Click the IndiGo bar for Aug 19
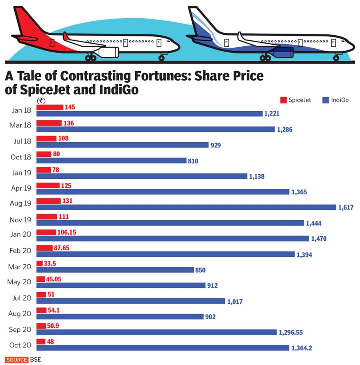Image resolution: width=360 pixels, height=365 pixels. [186, 207]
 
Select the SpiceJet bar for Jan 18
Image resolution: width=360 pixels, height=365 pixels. [50, 107]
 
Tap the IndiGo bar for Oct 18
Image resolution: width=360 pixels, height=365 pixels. [112, 160]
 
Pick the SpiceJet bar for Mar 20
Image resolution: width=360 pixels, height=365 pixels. [39, 263]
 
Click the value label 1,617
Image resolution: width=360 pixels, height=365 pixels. [346, 207]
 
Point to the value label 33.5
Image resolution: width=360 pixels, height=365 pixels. [50, 263]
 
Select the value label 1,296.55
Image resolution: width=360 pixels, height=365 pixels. [294, 332]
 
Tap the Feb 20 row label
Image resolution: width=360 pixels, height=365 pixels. [20, 251]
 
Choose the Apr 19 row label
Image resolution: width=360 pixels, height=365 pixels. [20, 188]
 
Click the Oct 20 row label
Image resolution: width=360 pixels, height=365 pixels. [20, 345]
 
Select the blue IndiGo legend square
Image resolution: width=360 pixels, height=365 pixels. [325, 100]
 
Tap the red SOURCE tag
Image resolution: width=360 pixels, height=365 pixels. [16, 360]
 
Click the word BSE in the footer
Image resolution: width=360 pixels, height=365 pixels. [35, 360]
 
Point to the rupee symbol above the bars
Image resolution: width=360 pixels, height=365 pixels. [40, 101]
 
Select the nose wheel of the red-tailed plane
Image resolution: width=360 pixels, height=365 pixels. [162, 58]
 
